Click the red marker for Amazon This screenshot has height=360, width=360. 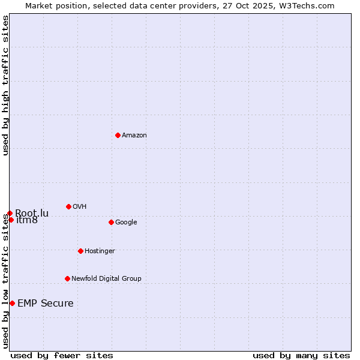pos(118,135)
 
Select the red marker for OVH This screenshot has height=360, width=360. pos(68,206)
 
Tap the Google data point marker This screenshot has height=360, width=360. pos(111,222)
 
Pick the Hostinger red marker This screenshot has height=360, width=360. pos(80,251)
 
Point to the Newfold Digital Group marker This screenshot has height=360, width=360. pos(67,278)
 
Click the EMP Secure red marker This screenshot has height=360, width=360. pos(12,303)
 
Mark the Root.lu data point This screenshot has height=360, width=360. pos(10,213)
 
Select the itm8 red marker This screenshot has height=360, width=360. pos(11,220)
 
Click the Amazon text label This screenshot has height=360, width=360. pos(134,136)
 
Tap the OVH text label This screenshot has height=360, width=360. pos(79,207)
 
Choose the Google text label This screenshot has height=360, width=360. pos(126,223)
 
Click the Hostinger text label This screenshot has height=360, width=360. pos(100,251)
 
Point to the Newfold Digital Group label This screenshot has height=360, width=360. pos(106,279)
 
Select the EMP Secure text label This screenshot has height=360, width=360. pos(46,304)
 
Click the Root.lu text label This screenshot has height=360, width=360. pos(32,213)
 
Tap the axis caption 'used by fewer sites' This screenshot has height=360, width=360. pos(62,355)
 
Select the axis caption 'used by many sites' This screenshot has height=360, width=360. pos(301,355)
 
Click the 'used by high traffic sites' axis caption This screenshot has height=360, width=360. pos(5,85)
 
